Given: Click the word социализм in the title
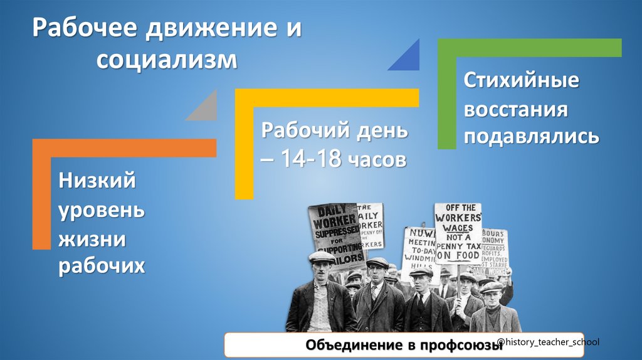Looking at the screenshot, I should [x=167, y=61].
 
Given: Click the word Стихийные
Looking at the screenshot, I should [x=521, y=82].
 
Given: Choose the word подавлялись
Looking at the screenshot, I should [x=531, y=135].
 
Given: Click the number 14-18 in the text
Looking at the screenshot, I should [x=310, y=159].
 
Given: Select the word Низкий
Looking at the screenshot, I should [x=98, y=181].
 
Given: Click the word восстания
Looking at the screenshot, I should [x=515, y=109].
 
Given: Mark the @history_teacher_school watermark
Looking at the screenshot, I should [x=547, y=341].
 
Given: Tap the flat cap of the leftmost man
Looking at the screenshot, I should [x=322, y=257].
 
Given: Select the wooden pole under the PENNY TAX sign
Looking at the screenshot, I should [x=458, y=282].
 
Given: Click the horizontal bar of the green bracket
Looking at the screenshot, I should [x=530, y=48].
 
